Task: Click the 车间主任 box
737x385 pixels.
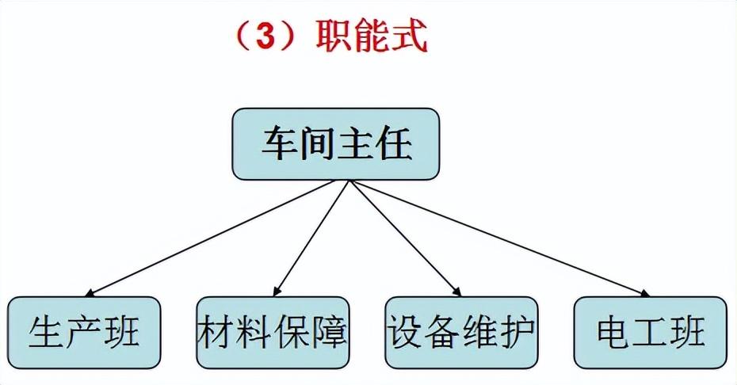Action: tap(335, 144)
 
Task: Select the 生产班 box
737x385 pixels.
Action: tap(85, 333)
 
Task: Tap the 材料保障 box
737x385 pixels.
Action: tap(273, 333)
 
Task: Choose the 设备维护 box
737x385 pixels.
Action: tap(461, 333)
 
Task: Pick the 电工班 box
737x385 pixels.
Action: tap(651, 333)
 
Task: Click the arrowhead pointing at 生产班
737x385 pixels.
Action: tap(90, 293)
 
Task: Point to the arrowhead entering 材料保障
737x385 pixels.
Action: tap(277, 292)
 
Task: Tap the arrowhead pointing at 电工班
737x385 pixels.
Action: tap(644, 293)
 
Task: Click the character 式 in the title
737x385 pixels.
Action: tap(410, 36)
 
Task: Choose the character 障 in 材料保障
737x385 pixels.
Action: tap(330, 332)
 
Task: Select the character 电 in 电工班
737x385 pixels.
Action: tap(614, 332)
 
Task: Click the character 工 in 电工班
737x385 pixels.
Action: tap(651, 332)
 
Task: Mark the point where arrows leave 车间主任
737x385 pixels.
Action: tap(349, 181)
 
